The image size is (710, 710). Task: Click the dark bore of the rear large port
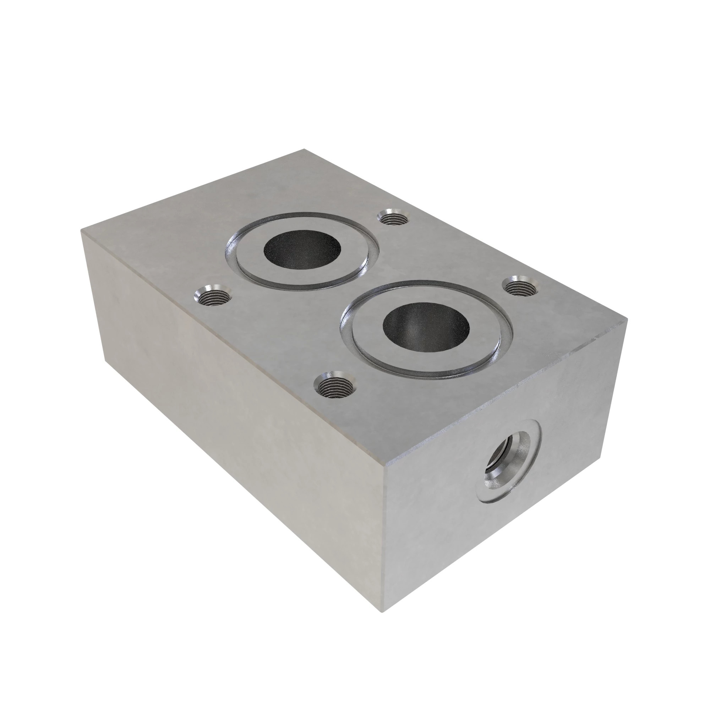coord(302,250)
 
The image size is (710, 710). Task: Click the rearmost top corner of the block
coord(305,149)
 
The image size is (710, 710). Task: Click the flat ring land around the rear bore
coord(250,253)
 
